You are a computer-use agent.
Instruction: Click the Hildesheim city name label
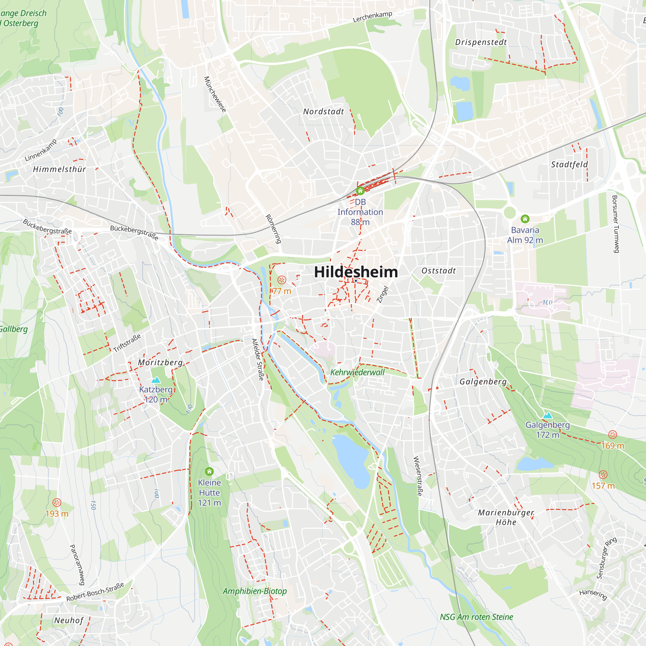tap(356, 272)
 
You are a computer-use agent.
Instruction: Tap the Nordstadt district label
tap(323, 112)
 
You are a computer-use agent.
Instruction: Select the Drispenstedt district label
tap(481, 42)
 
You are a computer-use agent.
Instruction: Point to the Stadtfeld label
tap(569, 164)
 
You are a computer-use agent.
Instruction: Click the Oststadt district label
tap(438, 271)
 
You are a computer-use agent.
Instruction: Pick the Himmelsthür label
tap(59, 169)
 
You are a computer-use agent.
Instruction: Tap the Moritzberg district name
tap(161, 362)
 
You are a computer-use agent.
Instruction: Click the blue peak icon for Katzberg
tap(156, 380)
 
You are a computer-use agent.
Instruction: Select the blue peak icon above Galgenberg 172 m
tap(547, 416)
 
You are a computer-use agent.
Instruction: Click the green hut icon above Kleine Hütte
tap(209, 472)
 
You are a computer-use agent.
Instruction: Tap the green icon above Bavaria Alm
tap(525, 219)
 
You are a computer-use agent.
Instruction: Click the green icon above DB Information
tap(360, 191)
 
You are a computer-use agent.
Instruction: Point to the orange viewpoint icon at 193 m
tap(57, 503)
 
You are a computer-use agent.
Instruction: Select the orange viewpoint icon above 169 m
tap(612, 435)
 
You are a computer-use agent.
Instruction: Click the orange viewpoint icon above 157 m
tap(603, 475)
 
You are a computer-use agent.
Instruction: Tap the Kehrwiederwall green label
tap(357, 372)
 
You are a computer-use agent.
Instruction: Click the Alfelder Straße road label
tap(257, 359)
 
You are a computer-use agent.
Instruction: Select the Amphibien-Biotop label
tap(255, 591)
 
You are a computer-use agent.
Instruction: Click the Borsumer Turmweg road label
tap(615, 224)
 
